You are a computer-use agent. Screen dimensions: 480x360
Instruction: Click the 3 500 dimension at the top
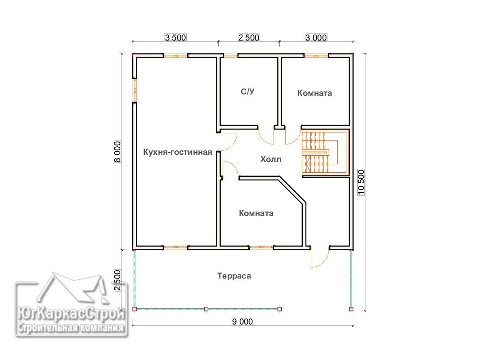tap(175, 37)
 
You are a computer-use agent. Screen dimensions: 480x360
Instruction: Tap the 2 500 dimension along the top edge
tap(249, 37)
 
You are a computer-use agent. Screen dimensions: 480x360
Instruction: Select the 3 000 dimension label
tap(316, 37)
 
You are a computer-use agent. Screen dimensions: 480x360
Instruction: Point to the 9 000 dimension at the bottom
tap(242, 321)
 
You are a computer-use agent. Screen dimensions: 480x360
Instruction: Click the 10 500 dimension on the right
tap(361, 182)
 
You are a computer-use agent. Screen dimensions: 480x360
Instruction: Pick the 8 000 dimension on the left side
tap(118, 152)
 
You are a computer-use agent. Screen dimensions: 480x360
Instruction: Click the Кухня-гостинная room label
tap(178, 152)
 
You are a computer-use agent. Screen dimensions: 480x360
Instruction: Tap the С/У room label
tap(248, 91)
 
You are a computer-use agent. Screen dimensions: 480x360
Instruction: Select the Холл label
tap(271, 159)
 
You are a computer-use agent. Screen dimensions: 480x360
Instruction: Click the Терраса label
tap(234, 276)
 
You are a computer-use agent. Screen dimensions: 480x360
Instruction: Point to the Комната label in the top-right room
tap(315, 93)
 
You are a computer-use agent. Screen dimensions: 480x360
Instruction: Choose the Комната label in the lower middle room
tap(256, 213)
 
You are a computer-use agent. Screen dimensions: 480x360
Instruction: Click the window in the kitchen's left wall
tap(135, 90)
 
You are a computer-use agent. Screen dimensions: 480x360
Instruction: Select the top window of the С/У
tap(230, 56)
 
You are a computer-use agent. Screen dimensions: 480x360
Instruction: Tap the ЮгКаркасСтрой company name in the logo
tap(72, 314)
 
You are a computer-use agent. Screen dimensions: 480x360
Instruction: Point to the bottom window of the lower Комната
tap(261, 247)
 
